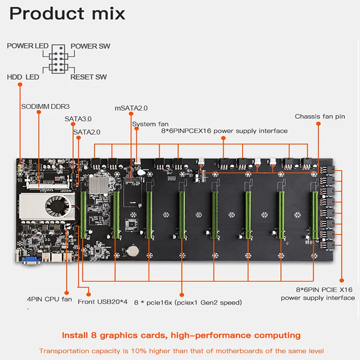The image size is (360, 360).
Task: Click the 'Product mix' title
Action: coord(67,13)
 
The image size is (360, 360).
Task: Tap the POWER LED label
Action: coord(27,46)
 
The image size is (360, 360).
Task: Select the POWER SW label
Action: coord(90,46)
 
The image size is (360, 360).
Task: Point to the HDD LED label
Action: coord(23,77)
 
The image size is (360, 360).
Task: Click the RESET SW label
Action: coord(89,77)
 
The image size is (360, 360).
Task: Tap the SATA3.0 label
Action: coord(78,119)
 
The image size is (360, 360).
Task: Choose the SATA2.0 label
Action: coord(87,132)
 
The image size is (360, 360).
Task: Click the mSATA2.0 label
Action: coord(131,108)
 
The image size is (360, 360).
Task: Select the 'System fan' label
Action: coord(150,124)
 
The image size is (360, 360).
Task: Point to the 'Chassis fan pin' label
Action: coord(320,117)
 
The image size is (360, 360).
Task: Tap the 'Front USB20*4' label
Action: coord(103,302)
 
